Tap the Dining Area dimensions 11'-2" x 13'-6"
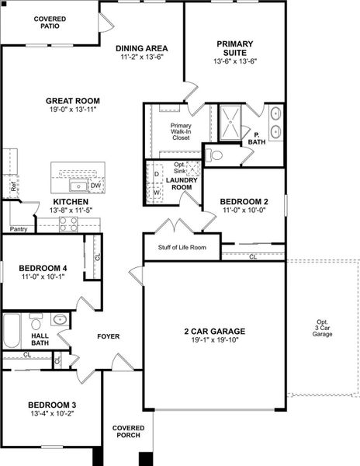(142, 58)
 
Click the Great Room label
(74, 100)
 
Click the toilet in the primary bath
(215, 155)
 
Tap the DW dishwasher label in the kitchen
(95, 186)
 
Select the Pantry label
(18, 229)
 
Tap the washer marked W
(157, 193)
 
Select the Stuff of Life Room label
(182, 248)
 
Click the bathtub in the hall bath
(13, 331)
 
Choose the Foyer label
(108, 336)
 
